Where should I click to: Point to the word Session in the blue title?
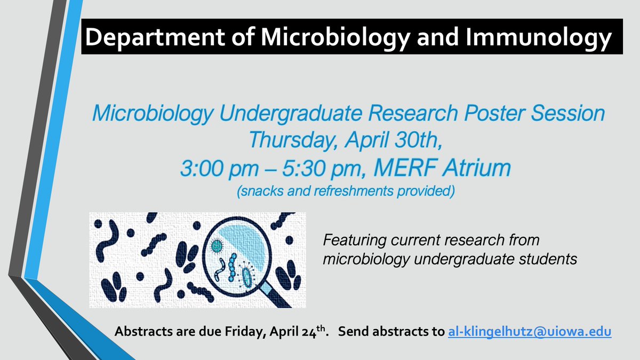[570, 114]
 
